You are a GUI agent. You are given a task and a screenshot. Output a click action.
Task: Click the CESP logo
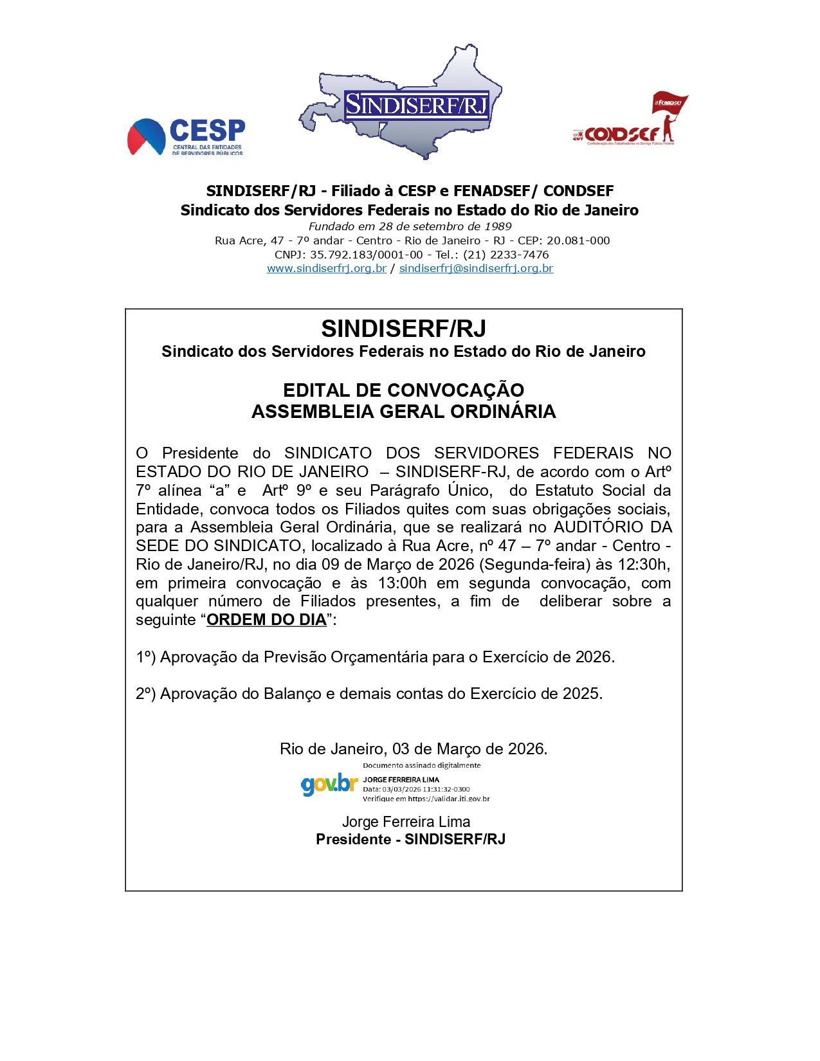[186, 136]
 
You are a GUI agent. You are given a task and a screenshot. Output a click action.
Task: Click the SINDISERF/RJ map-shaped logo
[400, 103]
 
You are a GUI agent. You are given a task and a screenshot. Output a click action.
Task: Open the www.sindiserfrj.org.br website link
[326, 268]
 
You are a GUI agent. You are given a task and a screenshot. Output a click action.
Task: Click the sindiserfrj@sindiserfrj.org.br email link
[476, 268]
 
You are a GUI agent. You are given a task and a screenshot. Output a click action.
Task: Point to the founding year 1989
[499, 226]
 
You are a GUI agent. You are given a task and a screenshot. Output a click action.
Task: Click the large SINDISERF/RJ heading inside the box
[403, 329]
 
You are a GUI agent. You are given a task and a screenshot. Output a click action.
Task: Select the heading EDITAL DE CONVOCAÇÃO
[403, 390]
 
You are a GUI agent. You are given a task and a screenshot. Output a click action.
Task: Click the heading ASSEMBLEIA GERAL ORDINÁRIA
[403, 412]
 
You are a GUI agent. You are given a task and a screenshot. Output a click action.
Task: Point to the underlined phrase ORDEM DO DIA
[266, 620]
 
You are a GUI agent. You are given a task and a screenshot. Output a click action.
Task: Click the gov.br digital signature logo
[329, 784]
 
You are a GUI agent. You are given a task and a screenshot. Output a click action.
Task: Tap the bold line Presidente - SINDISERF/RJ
[410, 840]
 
